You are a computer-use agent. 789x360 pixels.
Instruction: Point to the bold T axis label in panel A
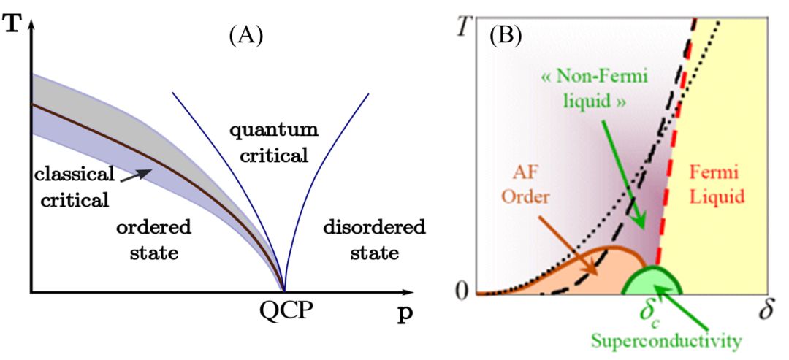11,16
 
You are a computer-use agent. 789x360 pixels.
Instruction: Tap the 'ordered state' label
153,240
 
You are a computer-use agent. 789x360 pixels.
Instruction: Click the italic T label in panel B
459,28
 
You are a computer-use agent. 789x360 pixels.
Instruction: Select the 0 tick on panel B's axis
460,290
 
